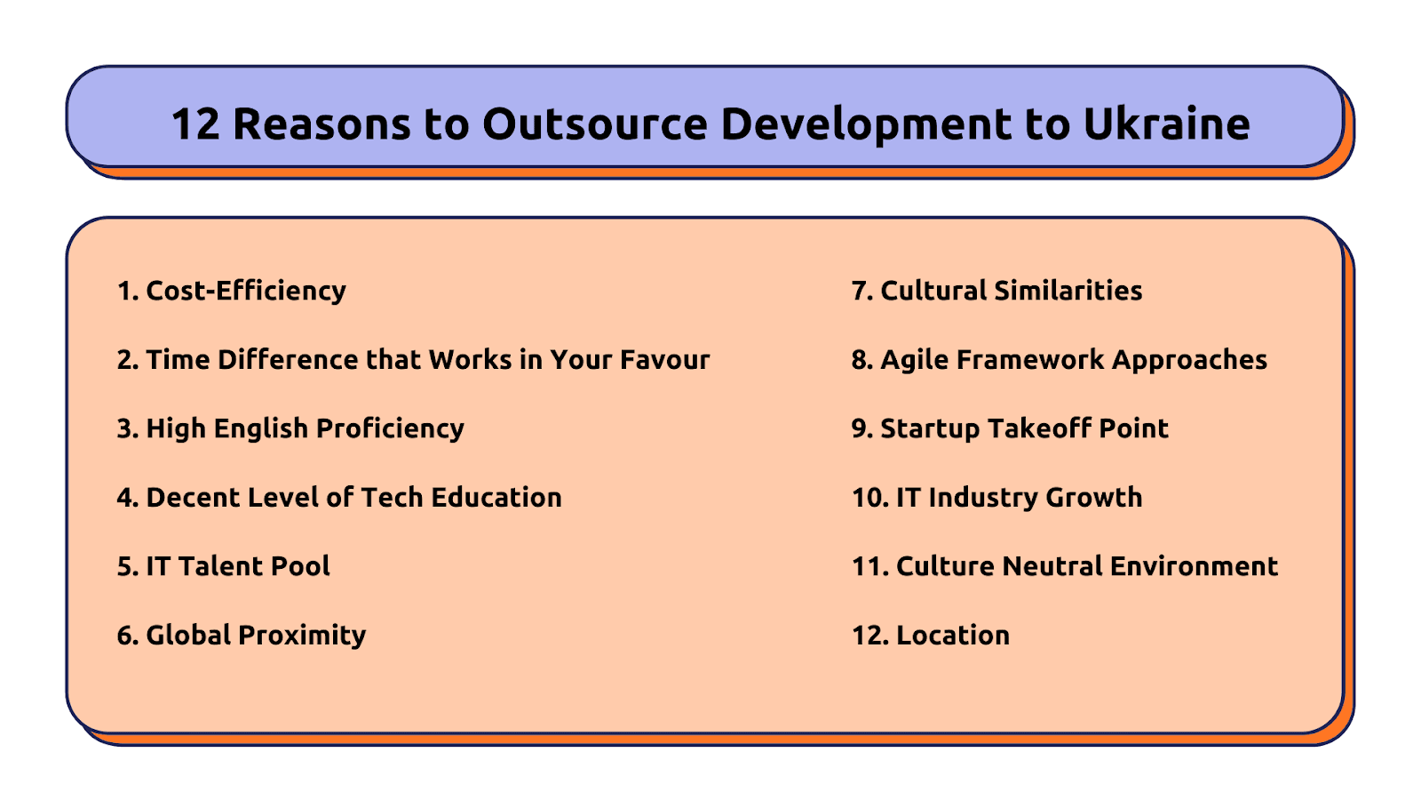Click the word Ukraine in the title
(x=1167, y=124)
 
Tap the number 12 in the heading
(x=195, y=124)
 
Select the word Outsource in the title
(x=594, y=124)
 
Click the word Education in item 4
(x=496, y=497)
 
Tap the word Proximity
(x=302, y=636)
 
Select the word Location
(x=952, y=635)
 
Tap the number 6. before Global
(x=128, y=636)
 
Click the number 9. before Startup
(x=862, y=428)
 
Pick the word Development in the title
(x=867, y=124)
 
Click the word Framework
(x=1030, y=359)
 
